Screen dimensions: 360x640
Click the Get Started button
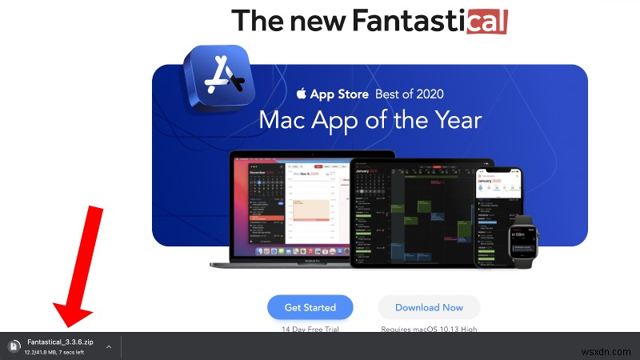310,307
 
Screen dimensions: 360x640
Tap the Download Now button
429,307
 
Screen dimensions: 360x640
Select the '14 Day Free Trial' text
310,330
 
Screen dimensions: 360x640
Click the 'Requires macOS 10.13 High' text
429,330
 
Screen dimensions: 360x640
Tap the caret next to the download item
109,347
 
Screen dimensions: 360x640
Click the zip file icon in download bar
14,346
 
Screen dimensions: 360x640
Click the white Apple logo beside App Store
302,94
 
